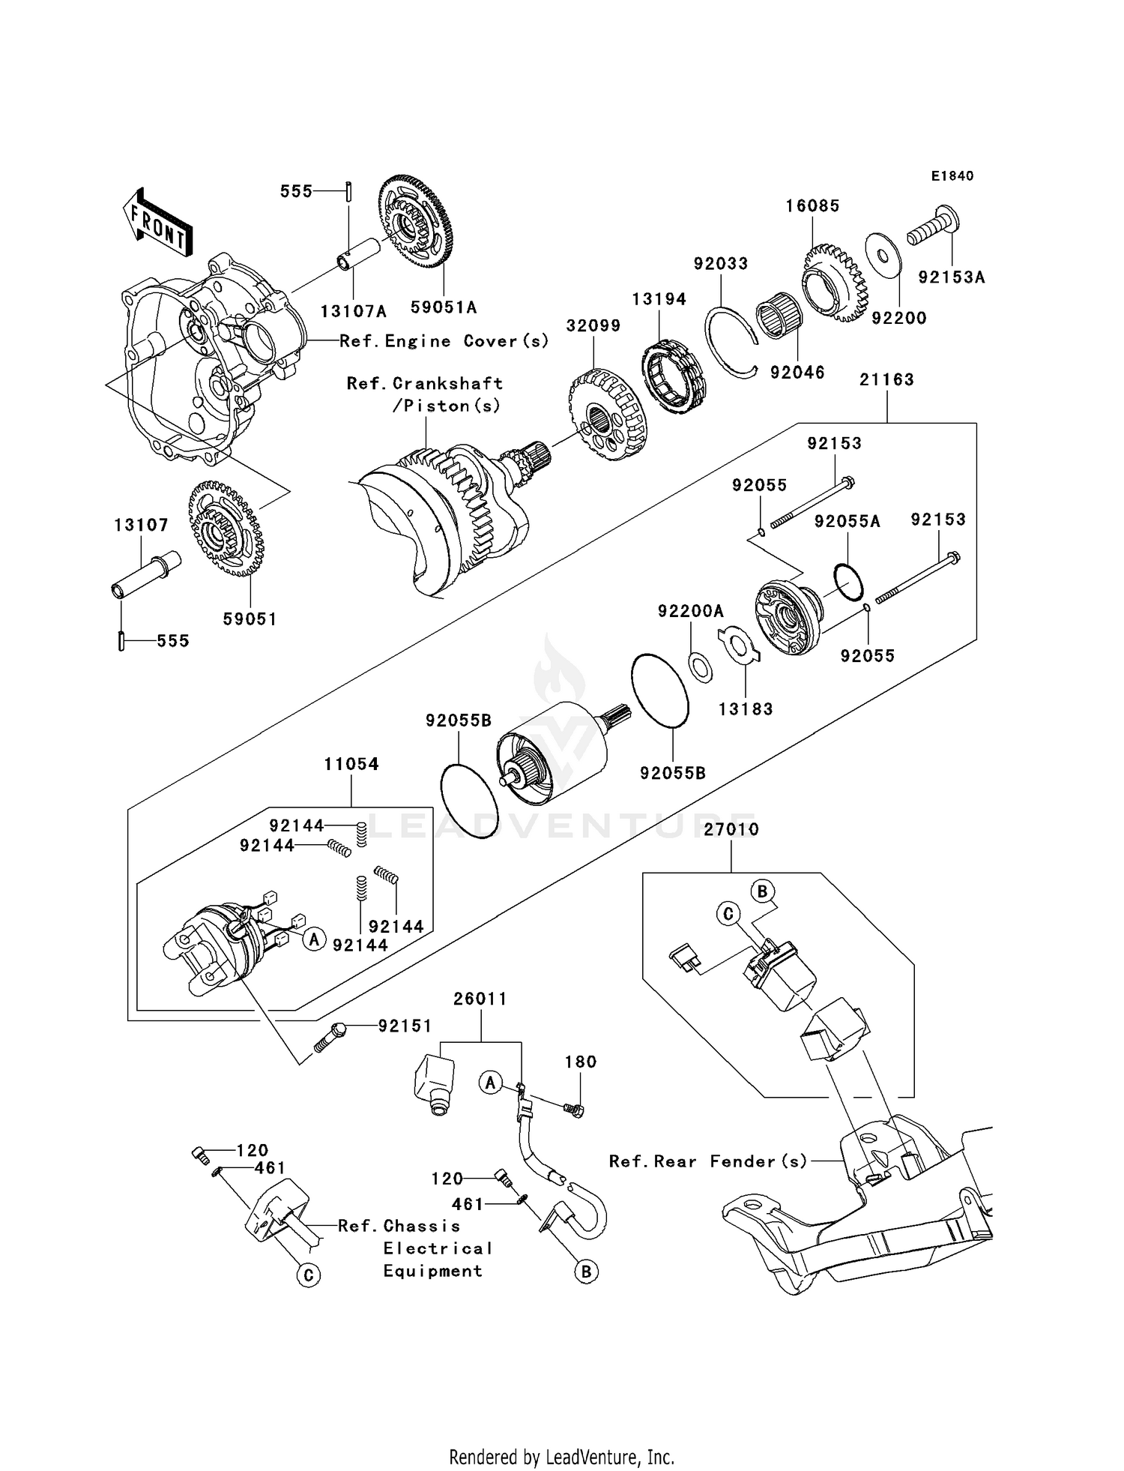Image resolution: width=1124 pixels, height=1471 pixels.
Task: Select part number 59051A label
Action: pyautogui.click(x=444, y=307)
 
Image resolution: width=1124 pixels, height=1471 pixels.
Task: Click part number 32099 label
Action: pyautogui.click(x=593, y=325)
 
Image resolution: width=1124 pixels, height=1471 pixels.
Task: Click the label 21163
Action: pyautogui.click(x=886, y=380)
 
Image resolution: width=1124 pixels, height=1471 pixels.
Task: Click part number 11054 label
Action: pyautogui.click(x=351, y=764)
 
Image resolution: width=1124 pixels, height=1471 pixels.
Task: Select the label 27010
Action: pyautogui.click(x=731, y=829)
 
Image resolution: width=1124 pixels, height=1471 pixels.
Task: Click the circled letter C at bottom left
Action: pyautogui.click(x=308, y=1275)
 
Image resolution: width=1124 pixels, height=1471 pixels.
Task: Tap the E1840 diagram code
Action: pyautogui.click(x=952, y=176)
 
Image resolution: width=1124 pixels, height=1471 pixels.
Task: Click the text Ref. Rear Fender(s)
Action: pyautogui.click(x=708, y=1161)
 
